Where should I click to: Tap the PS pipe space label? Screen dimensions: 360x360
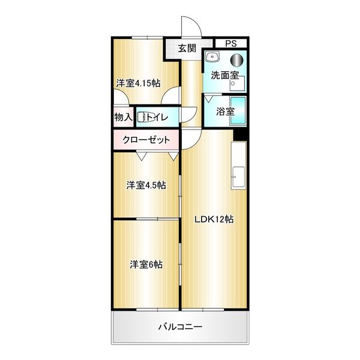tap(231, 44)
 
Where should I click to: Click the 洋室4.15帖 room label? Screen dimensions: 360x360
tap(138, 83)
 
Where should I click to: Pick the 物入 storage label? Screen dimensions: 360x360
tap(123, 117)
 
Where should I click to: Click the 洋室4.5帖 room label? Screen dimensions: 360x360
tap(146, 185)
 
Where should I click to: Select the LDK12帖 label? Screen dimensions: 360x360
tap(213, 220)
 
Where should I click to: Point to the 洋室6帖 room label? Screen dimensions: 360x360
tap(146, 263)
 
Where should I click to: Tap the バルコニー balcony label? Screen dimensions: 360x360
tap(180, 328)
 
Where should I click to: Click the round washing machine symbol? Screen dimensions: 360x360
tap(238, 59)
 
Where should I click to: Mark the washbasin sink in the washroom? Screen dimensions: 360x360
tap(212, 58)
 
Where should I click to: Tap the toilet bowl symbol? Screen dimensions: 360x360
tap(142, 118)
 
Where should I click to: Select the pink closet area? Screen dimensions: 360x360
tap(146, 140)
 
